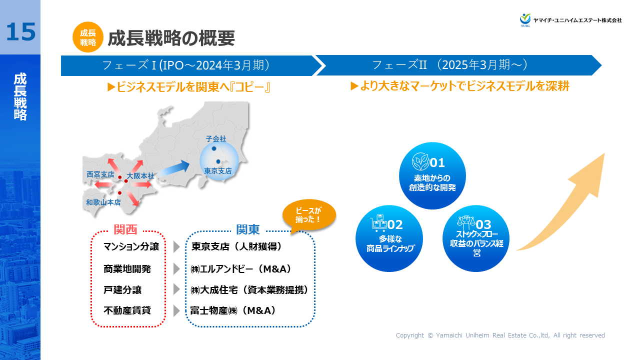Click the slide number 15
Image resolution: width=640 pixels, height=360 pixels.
(x=20, y=31)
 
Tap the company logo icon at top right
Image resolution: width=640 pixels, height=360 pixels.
(x=525, y=19)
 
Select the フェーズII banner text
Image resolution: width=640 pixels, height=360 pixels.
(x=450, y=65)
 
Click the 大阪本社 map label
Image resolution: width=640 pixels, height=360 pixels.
(x=140, y=176)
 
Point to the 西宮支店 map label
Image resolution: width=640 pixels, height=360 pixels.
(x=100, y=175)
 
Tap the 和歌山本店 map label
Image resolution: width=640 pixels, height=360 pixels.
(x=103, y=202)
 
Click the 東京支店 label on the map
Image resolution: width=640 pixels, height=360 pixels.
(x=218, y=171)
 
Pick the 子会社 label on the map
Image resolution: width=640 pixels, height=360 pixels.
(x=216, y=138)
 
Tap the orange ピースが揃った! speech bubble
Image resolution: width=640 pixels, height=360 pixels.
(x=308, y=215)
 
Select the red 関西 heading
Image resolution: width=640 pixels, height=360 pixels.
(x=125, y=230)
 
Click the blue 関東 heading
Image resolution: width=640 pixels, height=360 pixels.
(x=248, y=230)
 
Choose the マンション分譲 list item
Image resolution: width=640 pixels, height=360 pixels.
(x=131, y=246)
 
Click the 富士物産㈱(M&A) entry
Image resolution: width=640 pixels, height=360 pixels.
(x=233, y=310)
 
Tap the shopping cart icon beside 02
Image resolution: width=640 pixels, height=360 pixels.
(x=379, y=223)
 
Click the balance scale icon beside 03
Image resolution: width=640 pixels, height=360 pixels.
(x=466, y=223)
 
